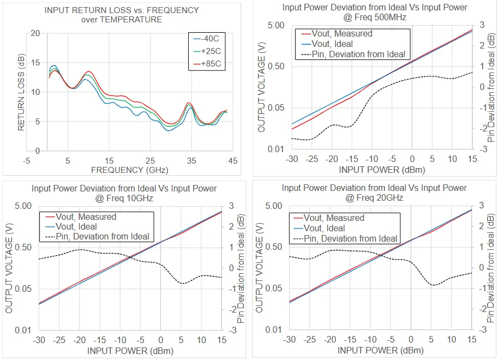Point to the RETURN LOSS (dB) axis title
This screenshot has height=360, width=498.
coord(22,92)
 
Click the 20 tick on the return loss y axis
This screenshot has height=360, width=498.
coord(36,33)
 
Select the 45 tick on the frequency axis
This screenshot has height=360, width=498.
coord(232,161)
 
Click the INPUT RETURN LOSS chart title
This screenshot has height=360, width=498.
coord(122,15)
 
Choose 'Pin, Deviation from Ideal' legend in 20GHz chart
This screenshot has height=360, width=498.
coord(351,238)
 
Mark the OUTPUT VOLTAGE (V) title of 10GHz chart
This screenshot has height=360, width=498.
coord(9,268)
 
